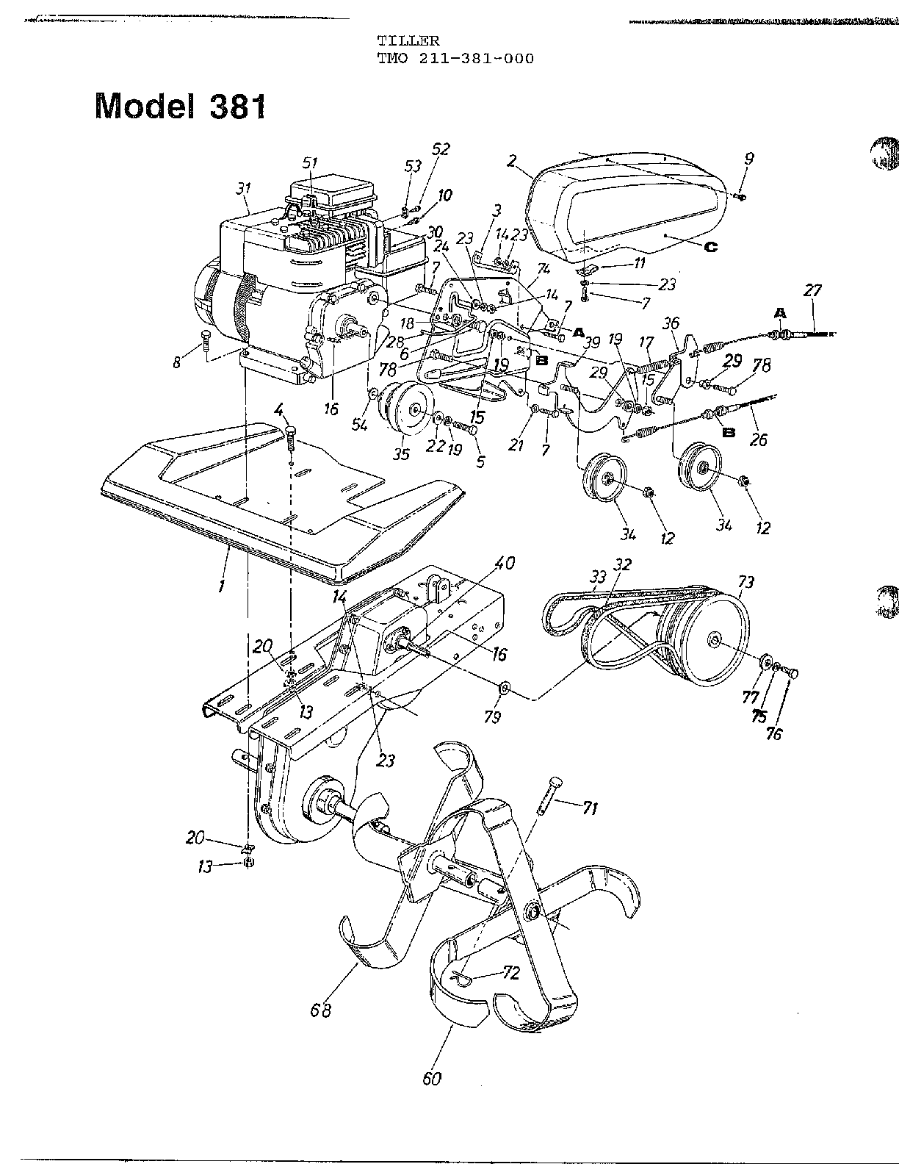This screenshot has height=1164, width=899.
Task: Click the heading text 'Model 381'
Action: click(x=180, y=107)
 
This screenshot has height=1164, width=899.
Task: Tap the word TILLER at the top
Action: click(x=398, y=42)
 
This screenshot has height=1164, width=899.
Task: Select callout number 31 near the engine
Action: click(x=243, y=189)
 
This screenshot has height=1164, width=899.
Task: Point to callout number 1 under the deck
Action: click(x=222, y=587)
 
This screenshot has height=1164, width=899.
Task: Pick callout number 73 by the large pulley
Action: click(x=745, y=583)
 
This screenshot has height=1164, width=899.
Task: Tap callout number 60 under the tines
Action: click(x=433, y=1078)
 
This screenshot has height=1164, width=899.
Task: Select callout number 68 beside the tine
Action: click(x=322, y=1010)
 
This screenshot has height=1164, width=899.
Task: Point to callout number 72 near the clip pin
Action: click(x=511, y=973)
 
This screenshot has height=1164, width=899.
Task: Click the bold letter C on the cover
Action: click(x=710, y=247)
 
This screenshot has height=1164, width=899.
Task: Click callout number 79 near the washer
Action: click(x=493, y=716)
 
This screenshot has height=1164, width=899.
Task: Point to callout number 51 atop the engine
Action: click(x=311, y=162)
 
